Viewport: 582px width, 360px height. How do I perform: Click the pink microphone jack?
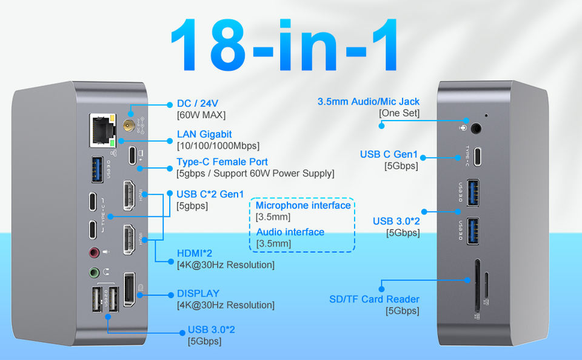click(94, 252)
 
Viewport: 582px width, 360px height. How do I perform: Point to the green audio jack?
click(94, 273)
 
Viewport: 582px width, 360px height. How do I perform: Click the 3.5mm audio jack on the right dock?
click(476, 128)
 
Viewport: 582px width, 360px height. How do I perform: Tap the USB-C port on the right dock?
click(479, 157)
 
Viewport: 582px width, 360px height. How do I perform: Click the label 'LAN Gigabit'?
click(204, 134)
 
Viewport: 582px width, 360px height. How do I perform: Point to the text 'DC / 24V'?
click(198, 104)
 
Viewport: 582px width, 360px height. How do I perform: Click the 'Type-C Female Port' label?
click(222, 162)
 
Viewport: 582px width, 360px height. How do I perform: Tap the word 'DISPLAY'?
click(198, 293)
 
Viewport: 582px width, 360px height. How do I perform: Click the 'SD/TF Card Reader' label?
click(374, 299)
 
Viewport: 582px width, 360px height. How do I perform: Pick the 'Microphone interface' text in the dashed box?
click(303, 205)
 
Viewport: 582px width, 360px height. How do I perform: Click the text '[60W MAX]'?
click(201, 115)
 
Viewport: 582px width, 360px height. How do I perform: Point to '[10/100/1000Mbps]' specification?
click(218, 145)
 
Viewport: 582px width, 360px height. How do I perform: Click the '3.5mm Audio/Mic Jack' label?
click(368, 101)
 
